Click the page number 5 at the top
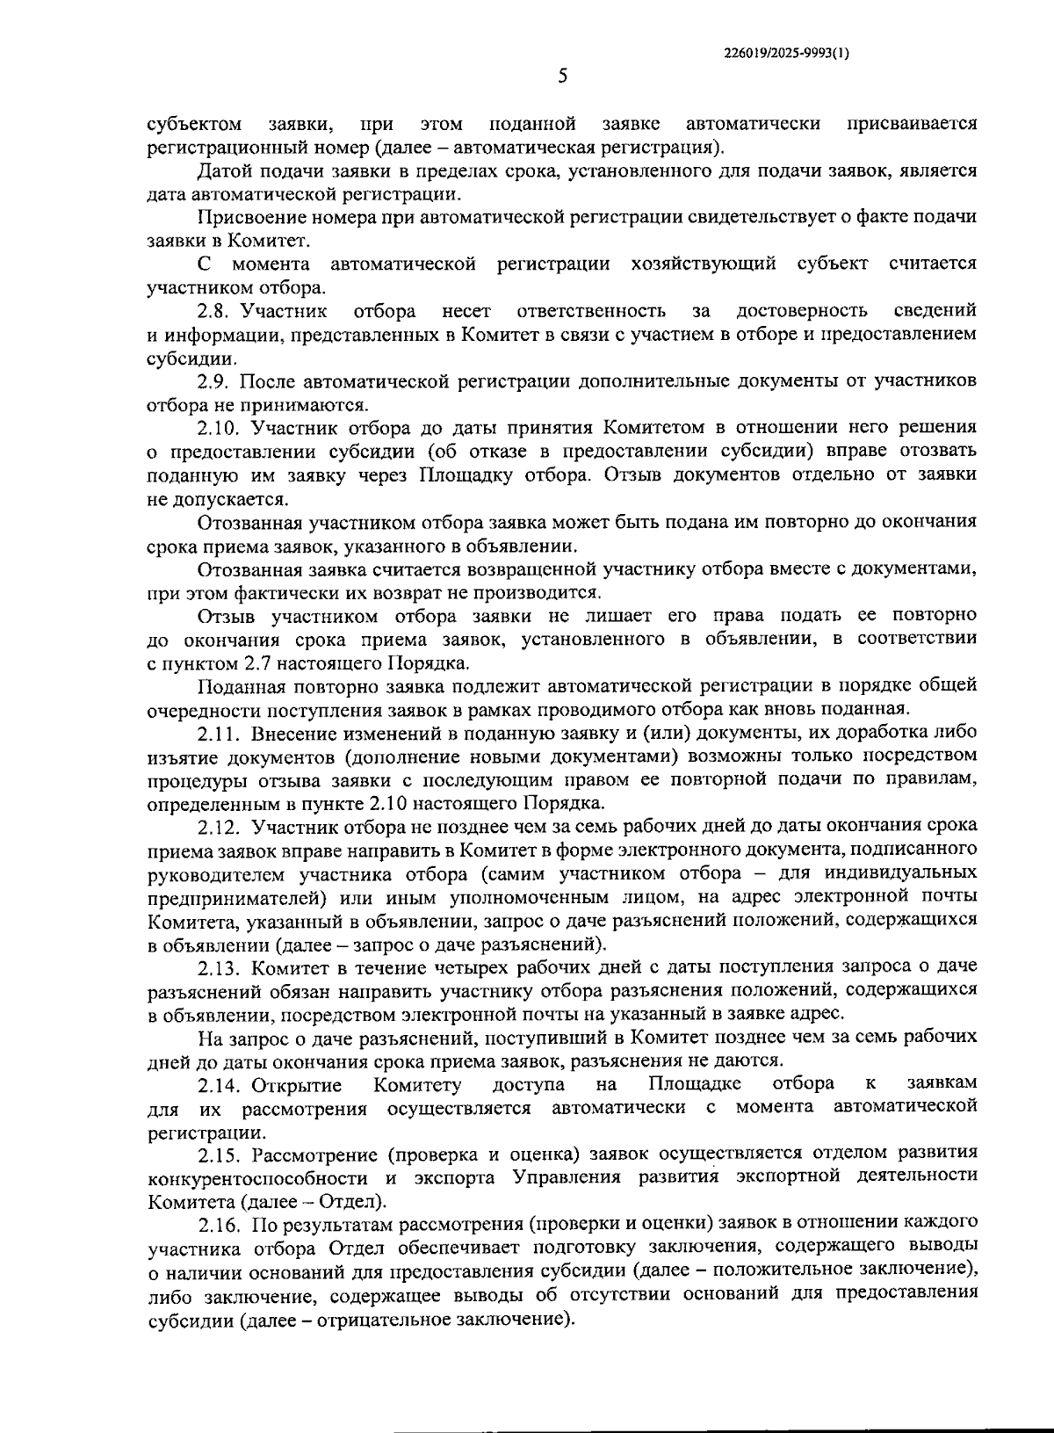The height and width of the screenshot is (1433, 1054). click(563, 76)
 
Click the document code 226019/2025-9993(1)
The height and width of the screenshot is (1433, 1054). click(787, 53)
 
